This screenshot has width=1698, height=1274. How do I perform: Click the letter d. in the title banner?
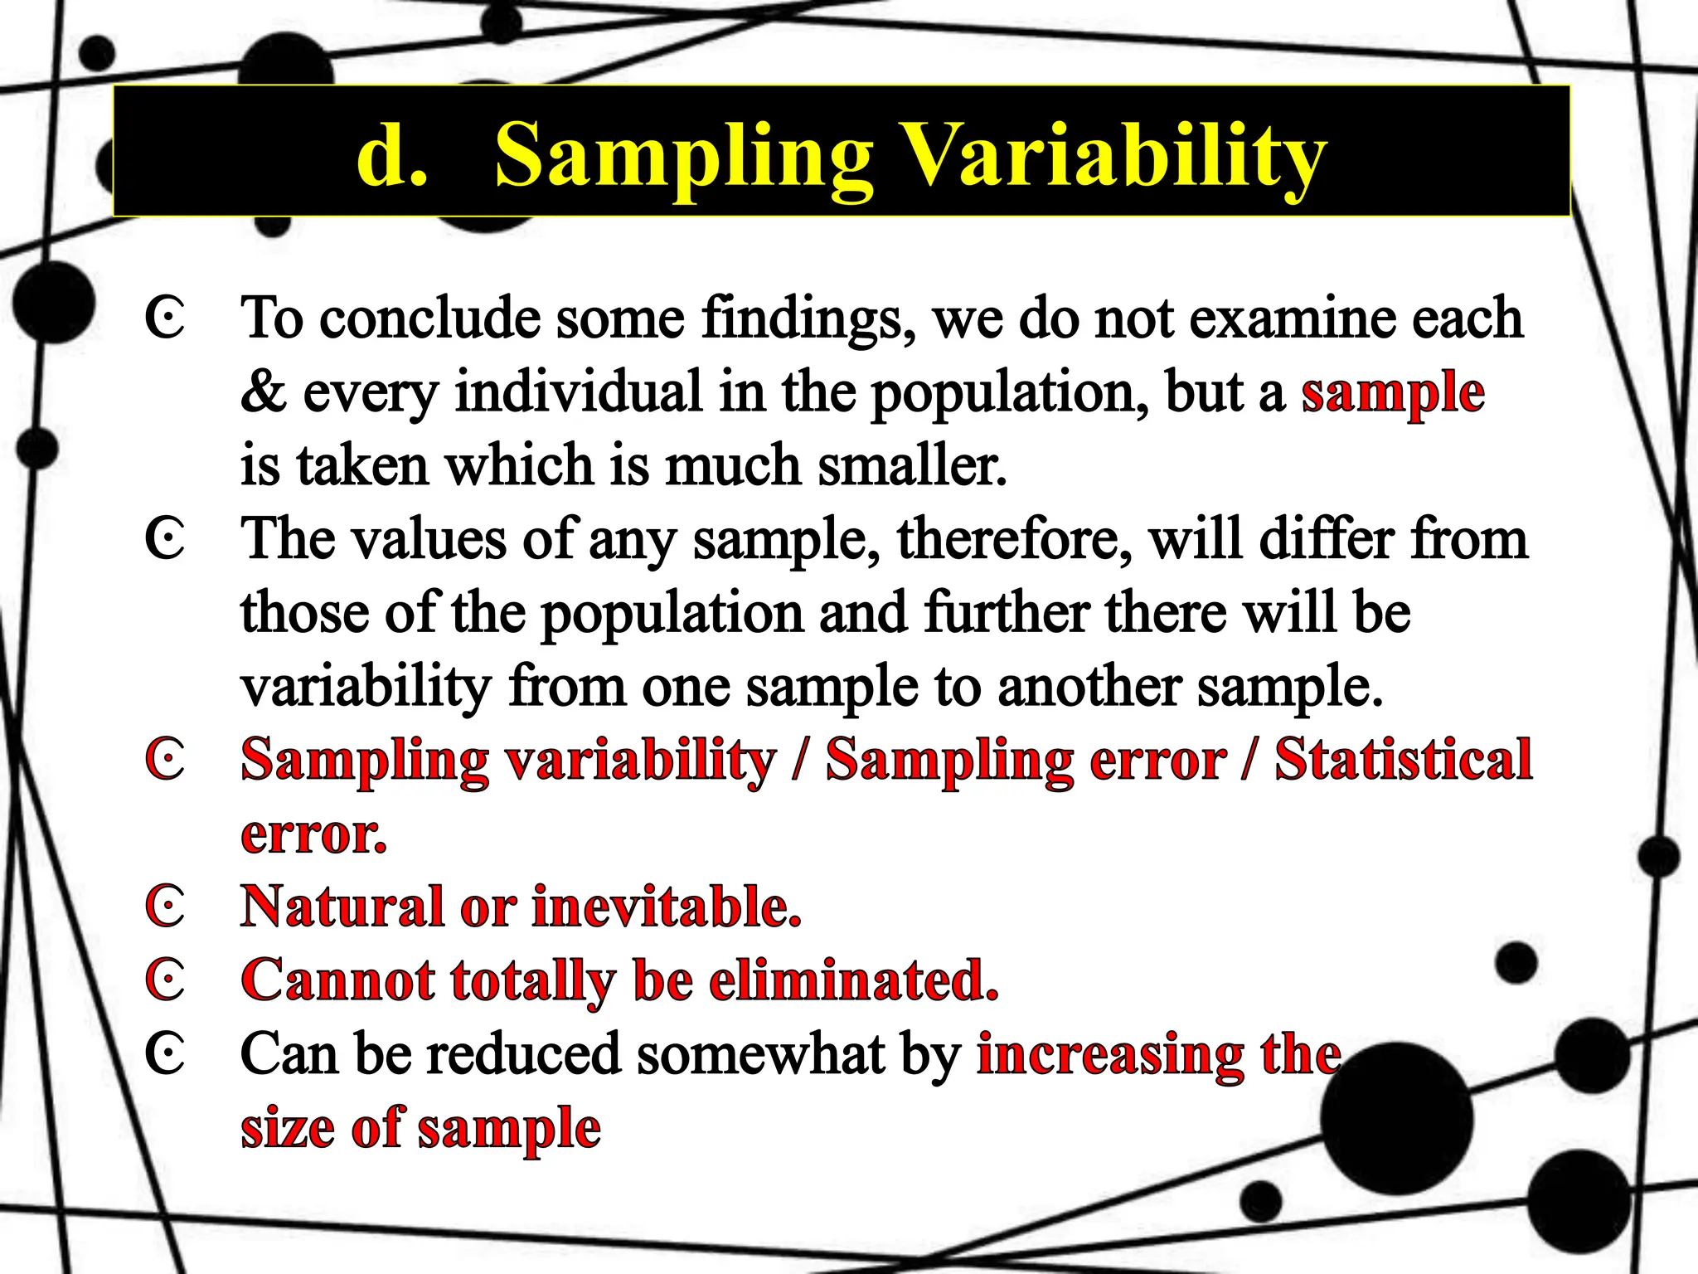[x=391, y=154]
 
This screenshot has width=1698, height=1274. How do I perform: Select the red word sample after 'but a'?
[x=1392, y=393]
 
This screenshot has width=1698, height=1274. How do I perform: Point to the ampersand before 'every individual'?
[x=263, y=391]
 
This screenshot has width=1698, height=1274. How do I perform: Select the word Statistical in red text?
[x=1403, y=760]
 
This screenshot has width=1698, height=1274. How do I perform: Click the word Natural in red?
[x=342, y=906]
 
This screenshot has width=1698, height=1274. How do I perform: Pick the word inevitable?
[x=667, y=906]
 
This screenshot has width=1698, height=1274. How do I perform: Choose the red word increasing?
[x=1109, y=1055]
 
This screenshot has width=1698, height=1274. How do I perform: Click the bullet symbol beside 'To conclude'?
[x=165, y=318]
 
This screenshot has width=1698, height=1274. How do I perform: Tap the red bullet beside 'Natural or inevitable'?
[x=165, y=906]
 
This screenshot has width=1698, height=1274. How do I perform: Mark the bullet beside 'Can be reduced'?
[x=165, y=1053]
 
